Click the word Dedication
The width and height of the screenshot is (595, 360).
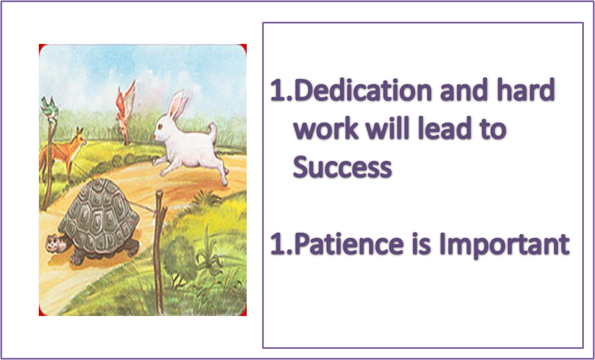tap(363, 90)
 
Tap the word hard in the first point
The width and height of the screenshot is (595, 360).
tap(526, 90)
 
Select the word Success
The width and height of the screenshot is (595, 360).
tap(342, 167)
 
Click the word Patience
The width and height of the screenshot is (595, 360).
tap(349, 244)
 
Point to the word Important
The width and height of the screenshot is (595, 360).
tap(505, 245)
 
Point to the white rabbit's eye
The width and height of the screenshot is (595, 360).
tap(160, 127)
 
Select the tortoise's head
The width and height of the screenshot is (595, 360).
tap(56, 243)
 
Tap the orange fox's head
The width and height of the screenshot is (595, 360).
tap(80, 138)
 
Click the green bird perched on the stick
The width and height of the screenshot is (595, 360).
tap(50, 108)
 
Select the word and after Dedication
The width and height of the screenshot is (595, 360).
tap(464, 90)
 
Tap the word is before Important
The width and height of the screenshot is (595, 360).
tap(422, 244)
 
